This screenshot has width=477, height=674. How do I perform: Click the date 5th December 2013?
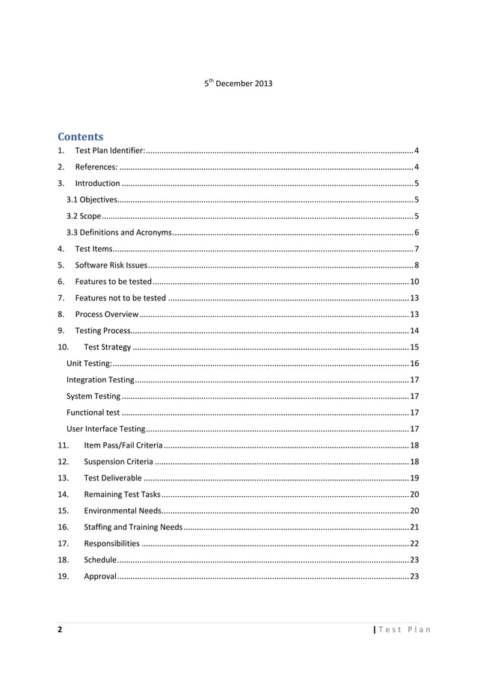click(238, 83)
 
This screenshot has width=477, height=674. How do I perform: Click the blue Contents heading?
click(81, 137)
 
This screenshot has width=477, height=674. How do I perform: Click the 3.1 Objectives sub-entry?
click(91, 200)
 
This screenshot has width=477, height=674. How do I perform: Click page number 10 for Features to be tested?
click(413, 281)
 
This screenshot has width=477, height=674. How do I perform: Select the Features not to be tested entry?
click(120, 297)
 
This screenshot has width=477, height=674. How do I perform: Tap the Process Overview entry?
click(106, 314)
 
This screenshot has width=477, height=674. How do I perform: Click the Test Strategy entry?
click(108, 347)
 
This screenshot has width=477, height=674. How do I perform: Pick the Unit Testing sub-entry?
click(89, 363)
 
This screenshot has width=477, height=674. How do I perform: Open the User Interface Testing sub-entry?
click(105, 429)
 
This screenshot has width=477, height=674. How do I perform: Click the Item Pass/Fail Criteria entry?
click(119, 445)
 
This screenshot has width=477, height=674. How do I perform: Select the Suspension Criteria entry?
click(119, 462)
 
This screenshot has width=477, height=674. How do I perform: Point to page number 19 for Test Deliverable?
click(413, 477)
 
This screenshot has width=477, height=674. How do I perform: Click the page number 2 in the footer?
click(60, 629)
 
